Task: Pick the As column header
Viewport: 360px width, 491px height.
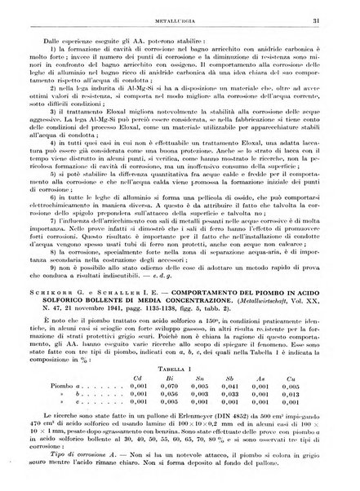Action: click(x=282, y=380)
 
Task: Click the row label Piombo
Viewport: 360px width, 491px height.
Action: click(x=59, y=389)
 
